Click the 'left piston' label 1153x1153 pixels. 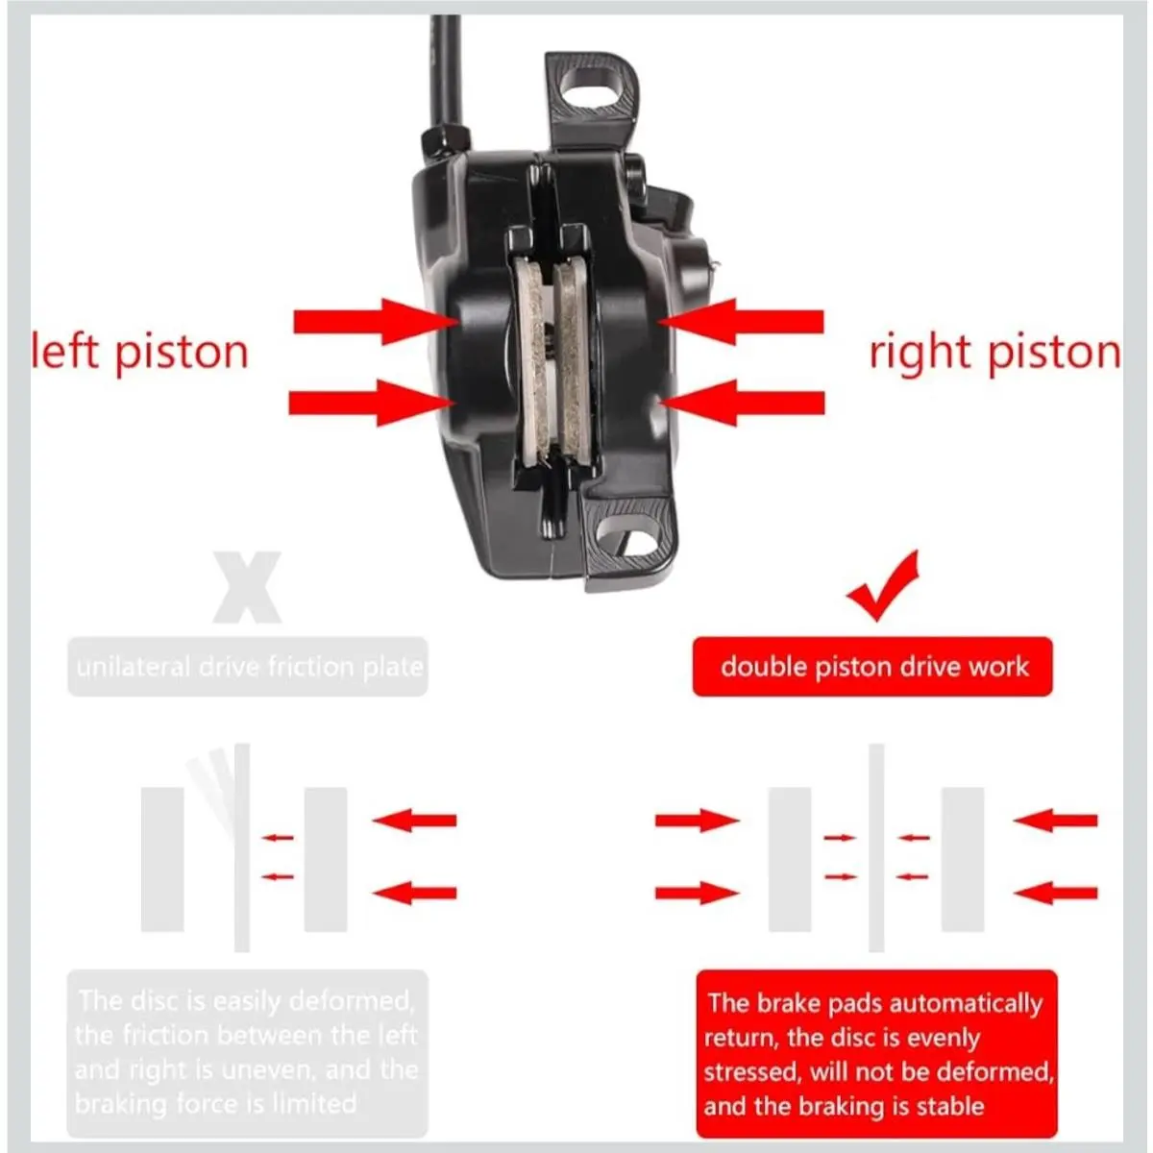click(139, 353)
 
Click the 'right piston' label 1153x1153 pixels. click(995, 353)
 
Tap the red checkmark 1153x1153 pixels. click(883, 586)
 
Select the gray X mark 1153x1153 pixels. click(247, 587)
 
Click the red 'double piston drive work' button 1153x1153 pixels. click(872, 667)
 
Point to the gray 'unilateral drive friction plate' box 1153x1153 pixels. click(248, 667)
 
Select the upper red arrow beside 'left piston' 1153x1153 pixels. click(377, 322)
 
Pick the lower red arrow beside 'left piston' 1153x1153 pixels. click(372, 403)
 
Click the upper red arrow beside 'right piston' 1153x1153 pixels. click(741, 322)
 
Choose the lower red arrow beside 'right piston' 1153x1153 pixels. click(742, 403)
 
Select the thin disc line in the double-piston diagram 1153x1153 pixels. click(876, 847)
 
